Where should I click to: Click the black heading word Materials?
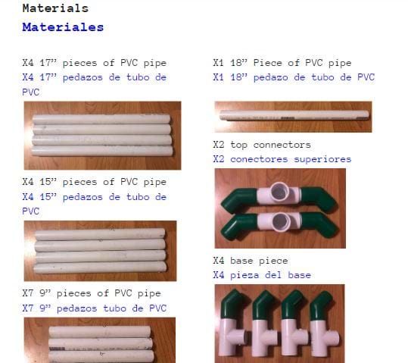point(55,8)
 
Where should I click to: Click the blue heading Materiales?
point(63,27)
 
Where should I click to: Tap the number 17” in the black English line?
point(48,63)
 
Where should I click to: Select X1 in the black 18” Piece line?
point(218,63)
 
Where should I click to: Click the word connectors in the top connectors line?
point(282,145)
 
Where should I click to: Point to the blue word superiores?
point(322,159)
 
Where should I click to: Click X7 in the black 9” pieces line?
point(28,293)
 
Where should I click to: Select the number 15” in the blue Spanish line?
point(48,197)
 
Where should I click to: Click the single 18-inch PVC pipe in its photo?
point(294,115)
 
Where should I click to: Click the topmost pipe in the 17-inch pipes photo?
point(101,119)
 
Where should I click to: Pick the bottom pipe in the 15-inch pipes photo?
point(100,267)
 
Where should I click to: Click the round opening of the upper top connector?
point(280,191)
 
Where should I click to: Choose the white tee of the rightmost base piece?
point(322,339)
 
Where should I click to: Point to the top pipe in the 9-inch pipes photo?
point(100,332)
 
